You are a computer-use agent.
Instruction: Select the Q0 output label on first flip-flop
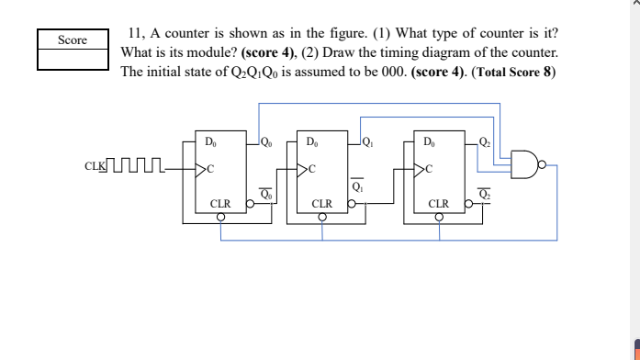266,142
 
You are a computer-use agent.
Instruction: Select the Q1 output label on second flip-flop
367,142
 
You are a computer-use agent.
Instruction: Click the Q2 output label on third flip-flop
486,142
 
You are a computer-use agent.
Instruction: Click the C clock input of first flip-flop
209,169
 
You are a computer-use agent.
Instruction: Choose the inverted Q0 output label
265,194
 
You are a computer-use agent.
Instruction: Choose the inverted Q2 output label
486,194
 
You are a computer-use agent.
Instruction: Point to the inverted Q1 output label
358,187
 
